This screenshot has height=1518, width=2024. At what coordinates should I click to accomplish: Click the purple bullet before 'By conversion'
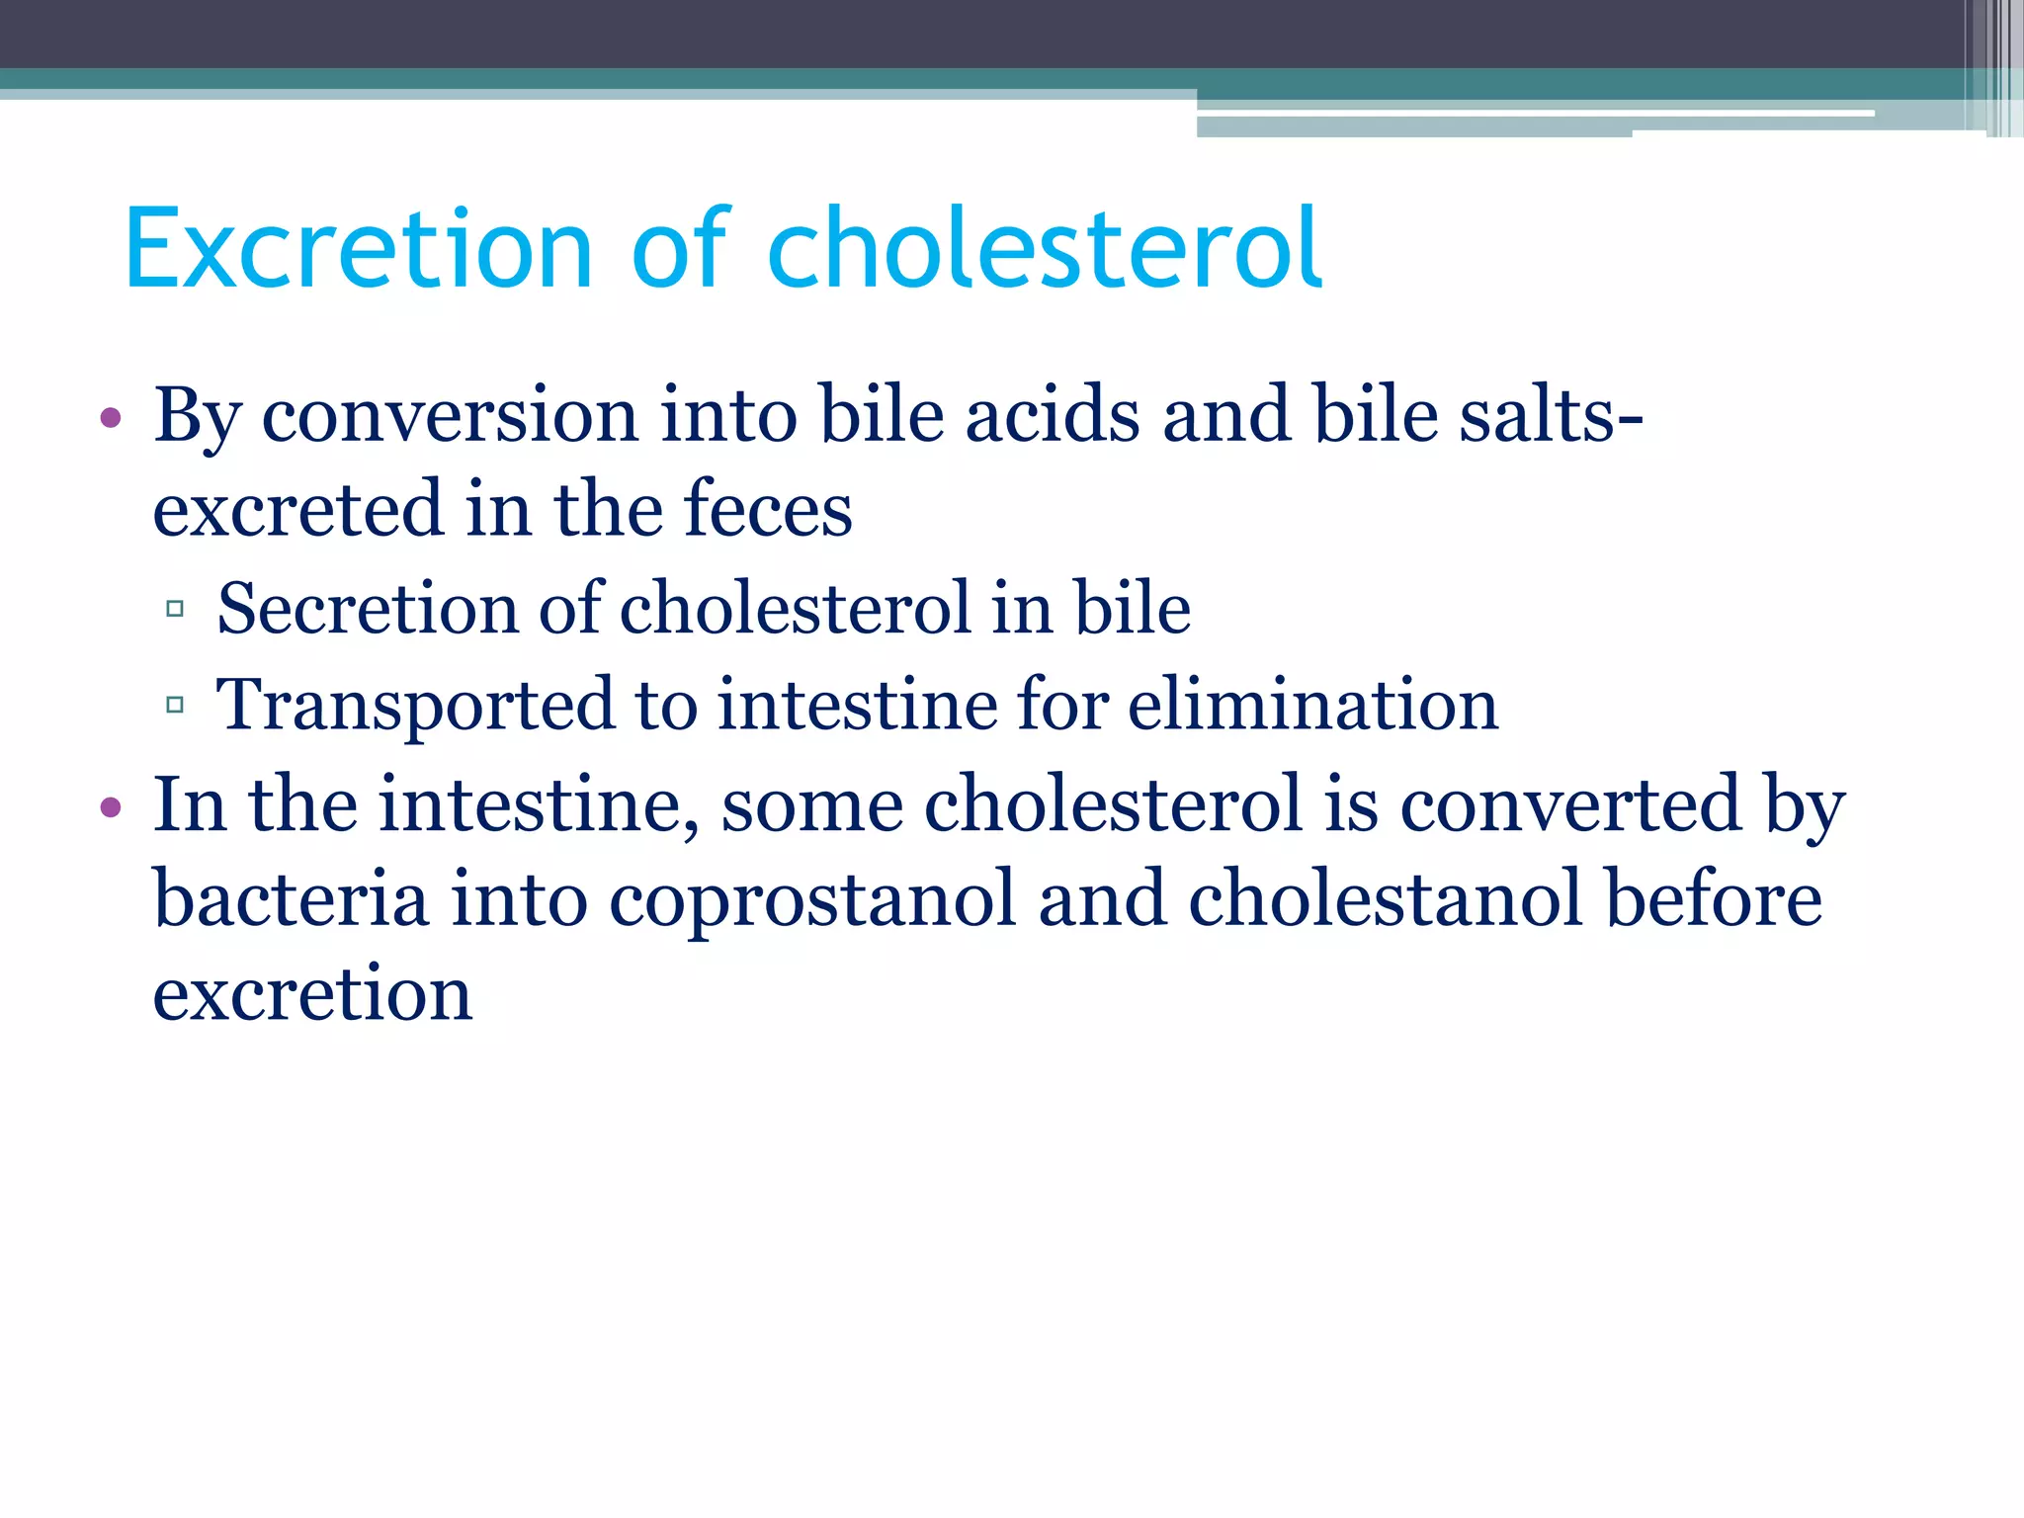[x=111, y=418]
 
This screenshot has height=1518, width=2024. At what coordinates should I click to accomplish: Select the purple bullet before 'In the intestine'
[x=111, y=807]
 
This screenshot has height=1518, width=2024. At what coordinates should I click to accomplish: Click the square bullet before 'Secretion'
[x=175, y=609]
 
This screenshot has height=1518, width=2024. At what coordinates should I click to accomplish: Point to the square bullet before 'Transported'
[x=175, y=705]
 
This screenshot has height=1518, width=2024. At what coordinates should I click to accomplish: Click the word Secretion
[x=367, y=609]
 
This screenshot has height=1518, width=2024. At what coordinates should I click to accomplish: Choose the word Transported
[x=415, y=706]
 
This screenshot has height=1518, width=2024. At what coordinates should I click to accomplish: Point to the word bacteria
[x=292, y=898]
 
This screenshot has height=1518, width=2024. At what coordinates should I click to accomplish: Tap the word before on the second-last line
[x=1714, y=898]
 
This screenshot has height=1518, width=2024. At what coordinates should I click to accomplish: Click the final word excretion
[x=312, y=994]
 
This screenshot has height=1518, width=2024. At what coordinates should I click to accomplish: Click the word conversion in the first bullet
[x=450, y=415]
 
